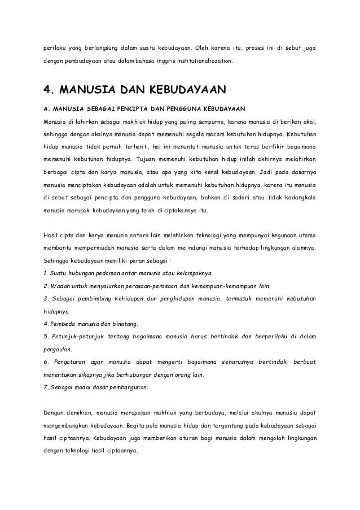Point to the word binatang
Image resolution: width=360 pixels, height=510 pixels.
(122, 324)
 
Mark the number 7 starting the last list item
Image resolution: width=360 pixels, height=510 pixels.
(45, 388)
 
